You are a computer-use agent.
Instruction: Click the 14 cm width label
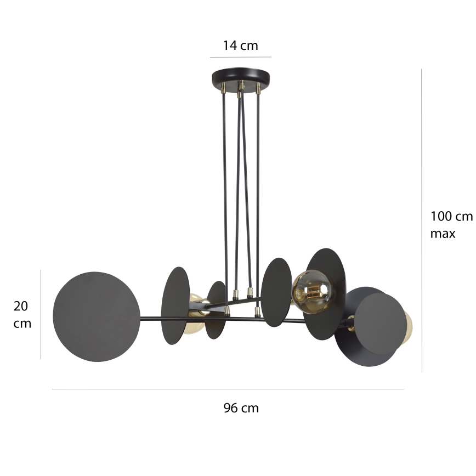coord(240,45)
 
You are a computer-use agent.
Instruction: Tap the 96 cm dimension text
coord(241,408)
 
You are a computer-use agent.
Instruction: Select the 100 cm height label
coord(451,216)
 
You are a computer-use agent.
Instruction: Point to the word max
coord(443,234)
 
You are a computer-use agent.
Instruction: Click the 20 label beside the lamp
coord(21,306)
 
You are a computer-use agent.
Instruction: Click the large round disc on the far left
coord(96,316)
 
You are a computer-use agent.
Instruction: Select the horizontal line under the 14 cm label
coord(240,57)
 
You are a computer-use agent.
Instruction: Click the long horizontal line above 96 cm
coord(228,389)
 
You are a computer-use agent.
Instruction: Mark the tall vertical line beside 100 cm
coord(421,219)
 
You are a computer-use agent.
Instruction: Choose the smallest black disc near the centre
coord(216,310)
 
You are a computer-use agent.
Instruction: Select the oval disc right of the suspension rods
coord(276,292)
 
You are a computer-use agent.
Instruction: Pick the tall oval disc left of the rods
coord(175,305)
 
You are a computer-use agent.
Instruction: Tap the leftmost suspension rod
coord(224,197)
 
